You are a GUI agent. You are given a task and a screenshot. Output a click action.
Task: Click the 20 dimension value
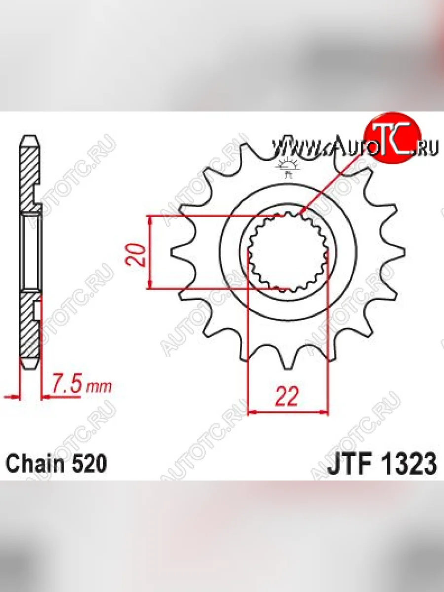tap(135, 255)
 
